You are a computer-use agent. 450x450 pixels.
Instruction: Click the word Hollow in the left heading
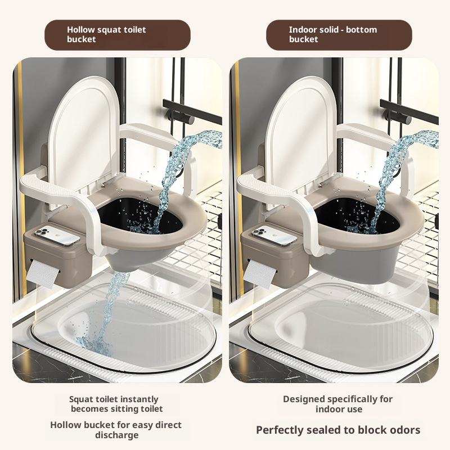[x=80, y=30]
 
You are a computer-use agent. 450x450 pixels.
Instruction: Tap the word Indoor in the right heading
[x=302, y=30]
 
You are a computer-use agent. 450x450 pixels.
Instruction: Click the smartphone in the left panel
[x=57, y=236]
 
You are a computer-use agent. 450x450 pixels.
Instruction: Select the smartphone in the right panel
[x=274, y=236]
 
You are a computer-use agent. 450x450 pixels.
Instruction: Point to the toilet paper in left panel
[x=42, y=274]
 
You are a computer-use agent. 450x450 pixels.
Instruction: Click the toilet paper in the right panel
[x=259, y=274]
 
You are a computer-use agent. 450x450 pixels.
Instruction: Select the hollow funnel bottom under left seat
[x=135, y=260]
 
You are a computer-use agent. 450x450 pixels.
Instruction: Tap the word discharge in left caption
[x=117, y=435]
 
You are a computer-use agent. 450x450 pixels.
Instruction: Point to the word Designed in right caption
[x=304, y=399]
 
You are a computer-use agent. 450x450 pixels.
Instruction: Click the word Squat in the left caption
[x=81, y=399]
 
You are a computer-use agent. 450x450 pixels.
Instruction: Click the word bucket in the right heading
[x=303, y=39]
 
